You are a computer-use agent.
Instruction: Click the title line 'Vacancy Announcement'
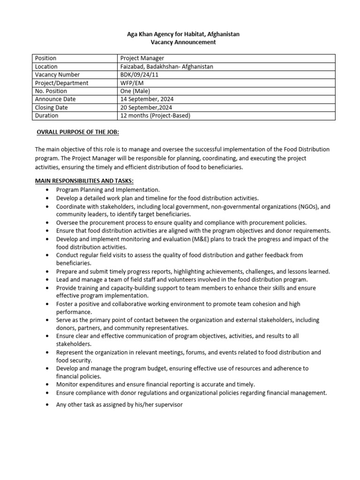point(180,42)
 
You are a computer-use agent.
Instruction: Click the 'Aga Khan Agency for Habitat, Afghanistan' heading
point(180,34)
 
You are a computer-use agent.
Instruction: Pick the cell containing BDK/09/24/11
point(139,75)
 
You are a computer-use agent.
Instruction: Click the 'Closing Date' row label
point(52,107)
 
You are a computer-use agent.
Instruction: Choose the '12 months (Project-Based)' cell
point(155,116)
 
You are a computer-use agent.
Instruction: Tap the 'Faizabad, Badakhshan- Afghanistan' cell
point(166,67)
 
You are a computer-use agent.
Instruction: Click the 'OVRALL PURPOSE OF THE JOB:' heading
point(78,133)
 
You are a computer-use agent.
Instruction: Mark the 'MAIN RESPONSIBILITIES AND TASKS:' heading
point(85,181)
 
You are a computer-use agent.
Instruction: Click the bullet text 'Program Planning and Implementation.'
point(108,190)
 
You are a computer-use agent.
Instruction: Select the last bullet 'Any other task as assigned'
point(119,404)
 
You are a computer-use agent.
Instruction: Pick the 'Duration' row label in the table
point(46,116)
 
